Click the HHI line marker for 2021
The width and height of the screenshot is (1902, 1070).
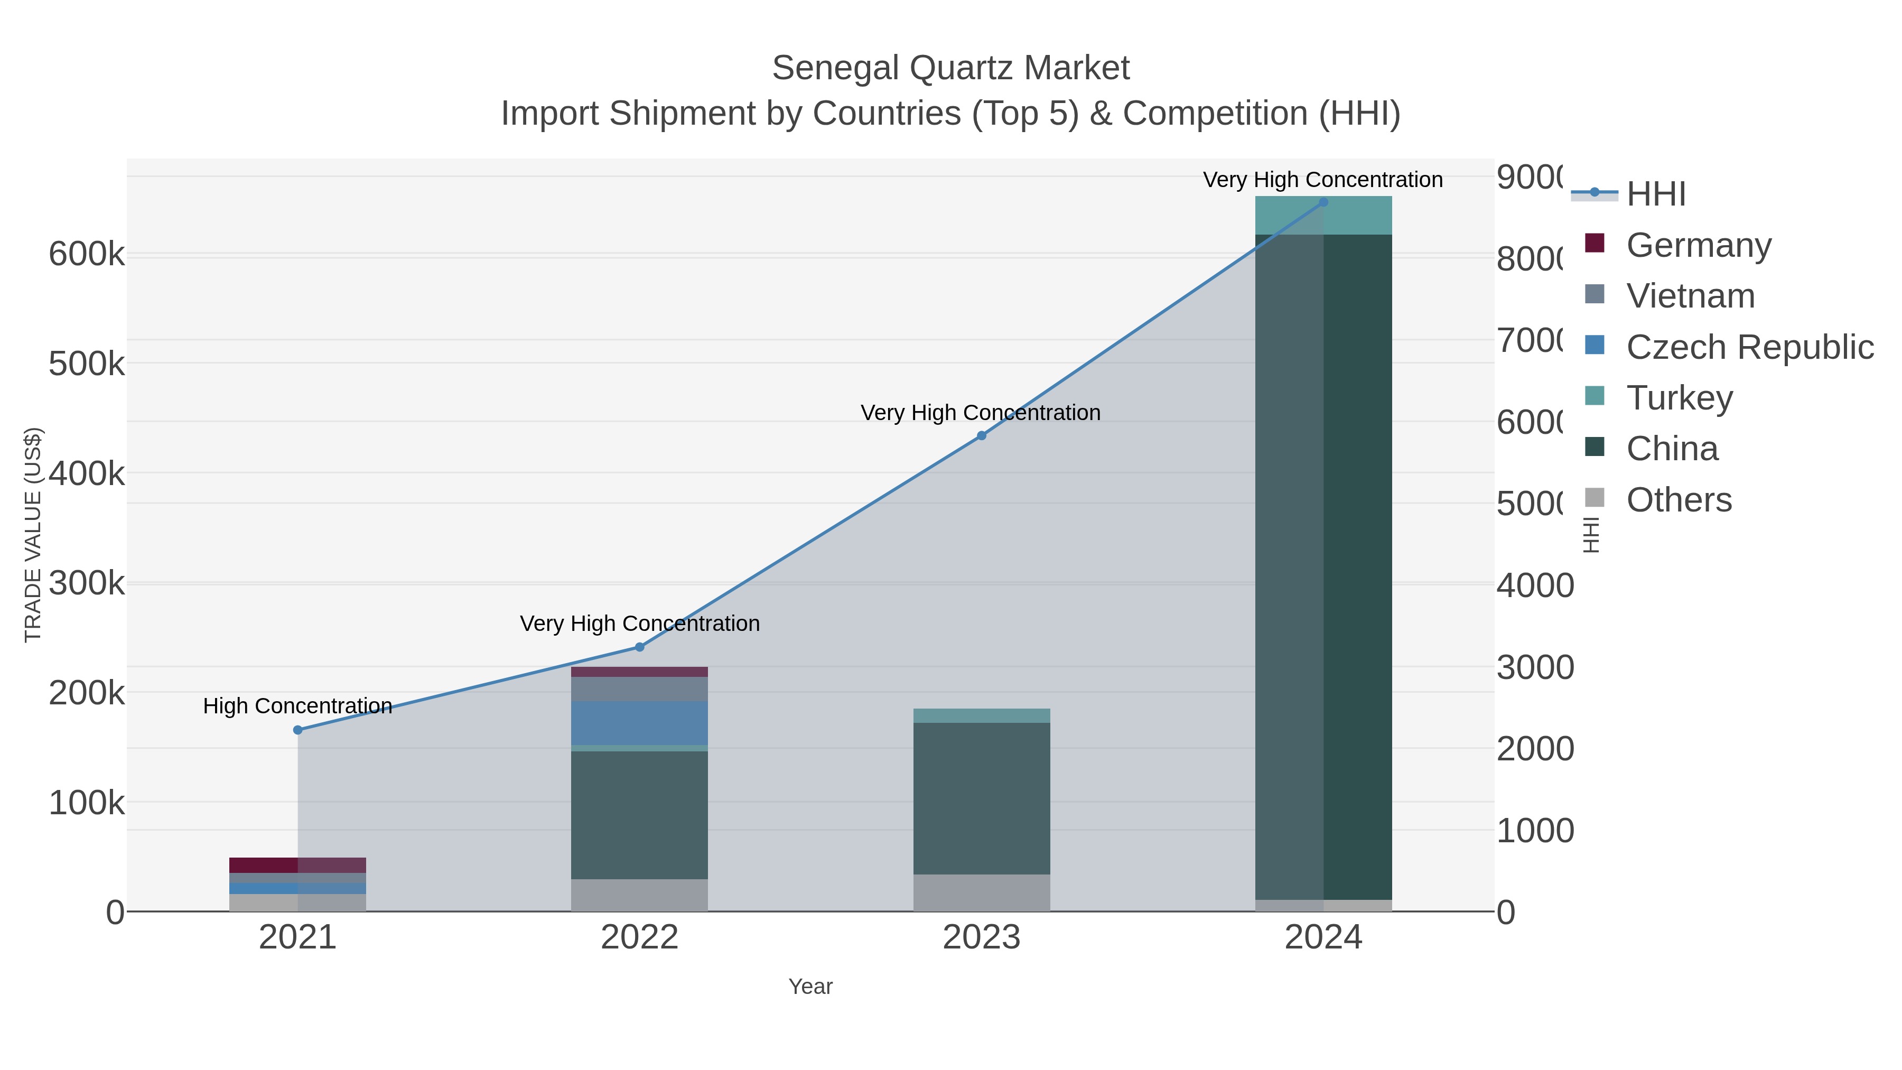[297, 730]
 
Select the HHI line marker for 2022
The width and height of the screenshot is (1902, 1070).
[639, 647]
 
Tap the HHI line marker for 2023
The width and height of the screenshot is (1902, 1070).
[981, 436]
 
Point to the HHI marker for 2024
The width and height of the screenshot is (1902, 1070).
[1323, 202]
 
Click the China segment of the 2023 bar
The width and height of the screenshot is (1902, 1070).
[981, 797]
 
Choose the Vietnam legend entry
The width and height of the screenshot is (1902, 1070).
[1690, 296]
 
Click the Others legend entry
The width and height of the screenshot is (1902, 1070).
[1679, 500]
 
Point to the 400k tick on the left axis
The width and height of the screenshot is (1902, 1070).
[87, 473]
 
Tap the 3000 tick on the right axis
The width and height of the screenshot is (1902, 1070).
[1534, 667]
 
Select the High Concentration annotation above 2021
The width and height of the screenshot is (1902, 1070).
[297, 706]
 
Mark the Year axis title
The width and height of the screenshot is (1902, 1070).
[810, 987]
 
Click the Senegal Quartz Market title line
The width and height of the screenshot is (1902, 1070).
[950, 69]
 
